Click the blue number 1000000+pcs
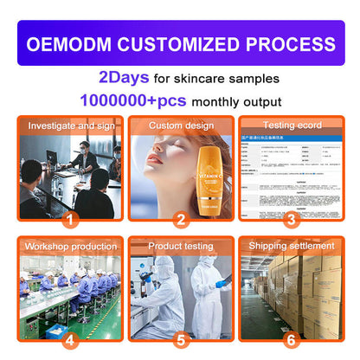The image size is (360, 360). [x=133, y=100]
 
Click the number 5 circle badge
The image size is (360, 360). [x=181, y=339]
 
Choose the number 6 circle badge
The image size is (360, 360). [x=291, y=339]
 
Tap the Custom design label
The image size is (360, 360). [x=180, y=126]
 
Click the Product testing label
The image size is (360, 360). [x=180, y=247]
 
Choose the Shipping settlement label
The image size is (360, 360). [x=291, y=247]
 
